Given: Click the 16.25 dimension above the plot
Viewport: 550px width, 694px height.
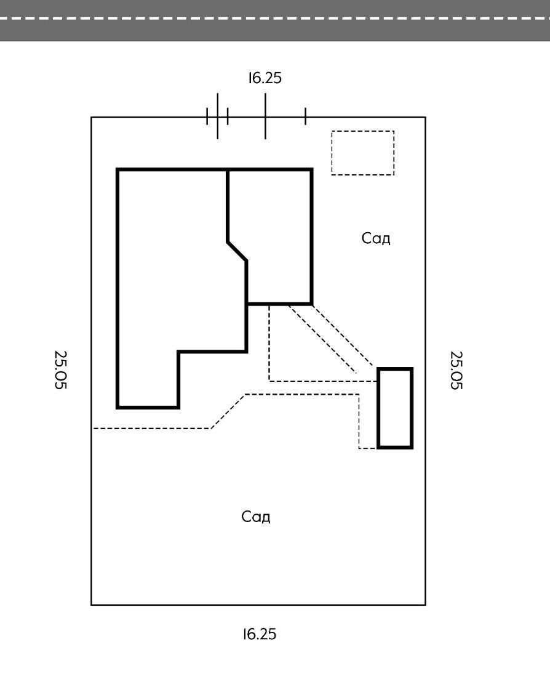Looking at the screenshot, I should click(x=265, y=78).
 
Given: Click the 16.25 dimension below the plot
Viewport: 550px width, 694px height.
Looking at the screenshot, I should click(x=260, y=634).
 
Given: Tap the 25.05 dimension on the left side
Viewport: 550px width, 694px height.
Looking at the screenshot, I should click(x=61, y=370).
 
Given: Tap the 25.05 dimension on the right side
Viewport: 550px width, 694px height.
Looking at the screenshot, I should click(x=456, y=370).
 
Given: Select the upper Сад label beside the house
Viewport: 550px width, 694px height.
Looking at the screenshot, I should click(x=376, y=238).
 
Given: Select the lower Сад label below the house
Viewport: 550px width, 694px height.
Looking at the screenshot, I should click(x=256, y=516).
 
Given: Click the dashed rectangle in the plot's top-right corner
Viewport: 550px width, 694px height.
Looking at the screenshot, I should click(x=363, y=153).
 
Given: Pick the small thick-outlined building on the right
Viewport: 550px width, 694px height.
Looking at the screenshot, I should click(x=395, y=408).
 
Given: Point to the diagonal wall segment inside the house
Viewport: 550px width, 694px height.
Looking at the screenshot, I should click(x=237, y=252).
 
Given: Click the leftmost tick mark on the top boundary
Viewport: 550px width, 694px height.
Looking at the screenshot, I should click(x=207, y=116).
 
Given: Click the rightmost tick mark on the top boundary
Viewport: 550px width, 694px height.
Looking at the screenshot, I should click(x=305, y=116).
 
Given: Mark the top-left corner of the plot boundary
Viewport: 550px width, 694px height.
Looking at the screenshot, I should click(x=92, y=117).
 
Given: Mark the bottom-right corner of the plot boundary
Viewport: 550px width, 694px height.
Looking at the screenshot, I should click(x=425, y=605).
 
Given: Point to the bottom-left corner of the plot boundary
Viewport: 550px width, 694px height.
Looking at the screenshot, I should click(x=92, y=605).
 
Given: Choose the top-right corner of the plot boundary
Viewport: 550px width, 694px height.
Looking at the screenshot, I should click(x=425, y=117).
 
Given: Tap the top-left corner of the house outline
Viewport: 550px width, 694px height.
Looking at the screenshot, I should click(x=118, y=169).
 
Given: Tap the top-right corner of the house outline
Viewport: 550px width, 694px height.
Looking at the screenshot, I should click(x=311, y=169).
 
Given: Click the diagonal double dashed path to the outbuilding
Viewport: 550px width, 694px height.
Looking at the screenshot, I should click(x=332, y=339).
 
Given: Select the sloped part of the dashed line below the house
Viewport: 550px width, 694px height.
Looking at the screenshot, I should click(x=228, y=411).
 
